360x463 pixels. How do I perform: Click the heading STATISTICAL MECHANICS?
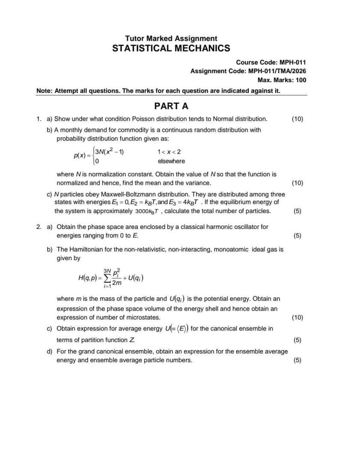[x=171, y=48]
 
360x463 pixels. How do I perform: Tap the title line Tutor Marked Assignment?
[x=171, y=38]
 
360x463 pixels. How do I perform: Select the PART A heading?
[x=171, y=106]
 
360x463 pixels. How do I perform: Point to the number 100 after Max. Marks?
[x=301, y=80]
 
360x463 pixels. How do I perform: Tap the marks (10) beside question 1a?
[x=297, y=119]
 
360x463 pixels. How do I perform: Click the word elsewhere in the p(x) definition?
[x=171, y=161]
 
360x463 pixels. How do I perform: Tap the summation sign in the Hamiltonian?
[x=107, y=279]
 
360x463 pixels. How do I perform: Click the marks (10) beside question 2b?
[x=297, y=318]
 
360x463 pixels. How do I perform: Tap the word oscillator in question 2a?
[x=238, y=227]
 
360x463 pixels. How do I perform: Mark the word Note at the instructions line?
[x=44, y=91]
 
